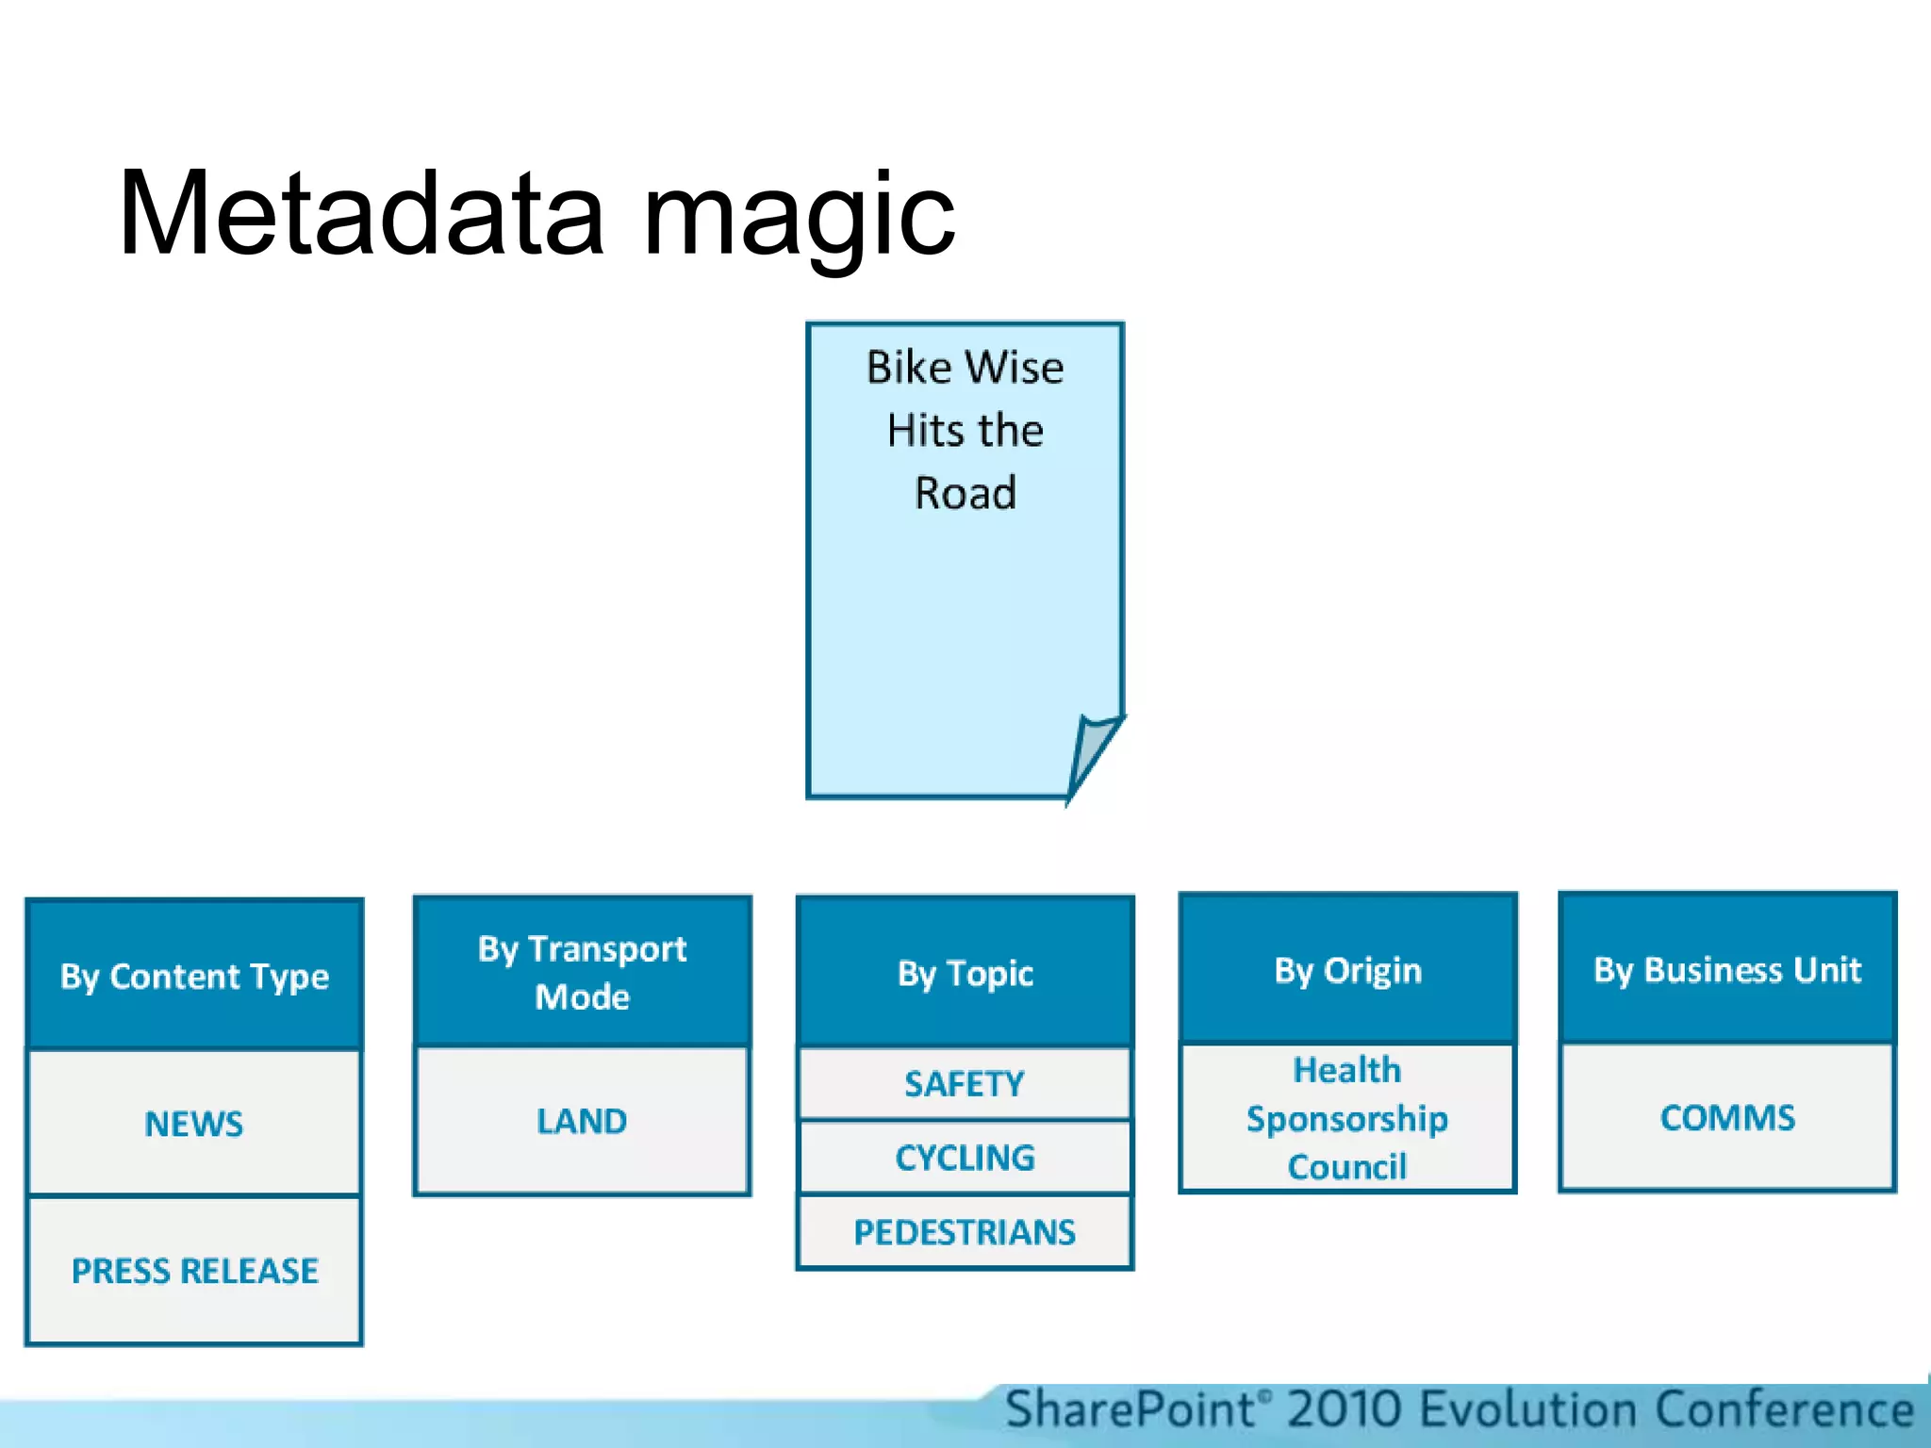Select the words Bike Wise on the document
[x=965, y=368]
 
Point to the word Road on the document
[x=965, y=493]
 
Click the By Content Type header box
[x=194, y=976]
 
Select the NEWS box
[x=194, y=1123]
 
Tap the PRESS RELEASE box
[x=194, y=1271]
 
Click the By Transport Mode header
[x=582, y=972]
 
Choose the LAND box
[x=582, y=1121]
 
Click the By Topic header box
[x=965, y=972]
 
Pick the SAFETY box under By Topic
[x=965, y=1084]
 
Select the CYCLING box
[x=965, y=1158]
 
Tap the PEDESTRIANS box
[x=965, y=1232]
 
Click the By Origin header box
[x=1347, y=970]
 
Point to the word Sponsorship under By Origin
[x=1347, y=1119]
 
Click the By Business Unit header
[x=1727, y=969]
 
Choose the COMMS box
[x=1727, y=1118]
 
